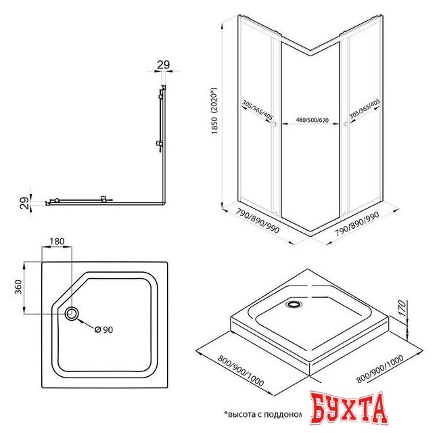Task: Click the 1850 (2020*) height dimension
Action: (x=214, y=111)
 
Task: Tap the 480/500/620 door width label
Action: (x=313, y=120)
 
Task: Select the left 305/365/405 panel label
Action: (x=257, y=110)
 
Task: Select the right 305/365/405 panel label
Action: (x=365, y=109)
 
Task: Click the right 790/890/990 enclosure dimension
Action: (x=357, y=224)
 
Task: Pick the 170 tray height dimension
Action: (x=402, y=308)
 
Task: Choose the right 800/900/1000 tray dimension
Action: (x=380, y=369)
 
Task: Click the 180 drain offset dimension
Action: (x=57, y=241)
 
